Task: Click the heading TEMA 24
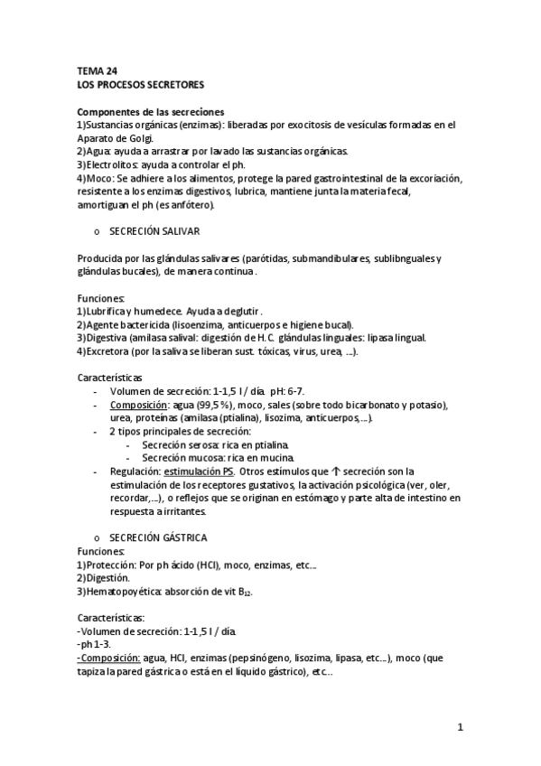(x=96, y=70)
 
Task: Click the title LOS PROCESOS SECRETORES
(x=140, y=84)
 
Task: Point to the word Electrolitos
(x=111, y=165)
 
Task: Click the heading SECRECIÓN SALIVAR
(x=160, y=231)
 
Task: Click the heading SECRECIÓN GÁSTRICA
(x=163, y=536)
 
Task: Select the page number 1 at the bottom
(x=460, y=726)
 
